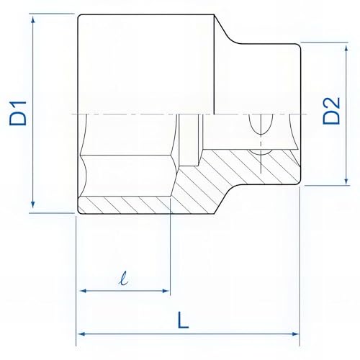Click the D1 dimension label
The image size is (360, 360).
pyautogui.click(x=18, y=113)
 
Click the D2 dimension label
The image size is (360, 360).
pyautogui.click(x=331, y=110)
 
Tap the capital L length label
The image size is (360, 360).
pyautogui.click(x=183, y=320)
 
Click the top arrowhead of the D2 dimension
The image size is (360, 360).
pyautogui.click(x=346, y=48)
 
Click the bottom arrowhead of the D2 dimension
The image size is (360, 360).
pyautogui.click(x=346, y=181)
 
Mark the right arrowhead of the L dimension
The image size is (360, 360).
pyautogui.click(x=295, y=334)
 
